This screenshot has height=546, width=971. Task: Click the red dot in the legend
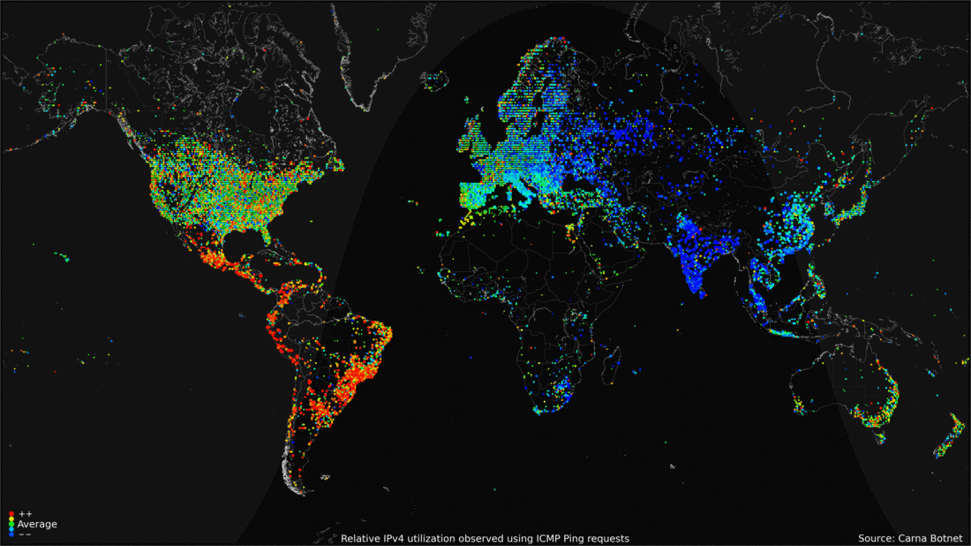(11, 513)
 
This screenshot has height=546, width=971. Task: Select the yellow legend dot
(11, 519)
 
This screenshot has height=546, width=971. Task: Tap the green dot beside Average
(11, 525)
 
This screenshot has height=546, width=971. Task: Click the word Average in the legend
(37, 525)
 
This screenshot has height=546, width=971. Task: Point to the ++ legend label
(25, 513)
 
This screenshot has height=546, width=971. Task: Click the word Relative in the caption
(362, 538)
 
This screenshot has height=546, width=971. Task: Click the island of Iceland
(436, 81)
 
